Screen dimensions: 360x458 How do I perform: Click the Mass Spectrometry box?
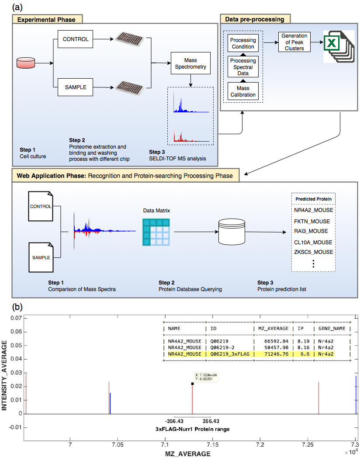[x=190, y=63]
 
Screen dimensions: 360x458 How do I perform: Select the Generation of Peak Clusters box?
[x=294, y=42]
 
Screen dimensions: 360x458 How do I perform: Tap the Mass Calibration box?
[x=243, y=91]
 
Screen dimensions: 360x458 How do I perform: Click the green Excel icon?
[x=339, y=46]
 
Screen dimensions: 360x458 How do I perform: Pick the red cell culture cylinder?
[x=26, y=63]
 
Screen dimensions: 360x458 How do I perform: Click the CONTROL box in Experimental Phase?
[x=75, y=39]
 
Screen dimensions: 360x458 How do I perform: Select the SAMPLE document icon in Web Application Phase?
[x=41, y=257]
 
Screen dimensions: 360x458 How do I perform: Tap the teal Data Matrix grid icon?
[x=156, y=232]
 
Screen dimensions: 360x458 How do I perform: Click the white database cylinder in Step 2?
[x=232, y=232]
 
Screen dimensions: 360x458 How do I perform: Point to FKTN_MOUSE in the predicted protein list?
[x=312, y=222]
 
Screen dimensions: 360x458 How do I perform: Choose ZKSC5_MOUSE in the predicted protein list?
[x=314, y=252]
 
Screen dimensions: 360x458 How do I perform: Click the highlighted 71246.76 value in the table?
[x=276, y=354]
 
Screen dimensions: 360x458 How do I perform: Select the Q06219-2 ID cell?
[x=222, y=347]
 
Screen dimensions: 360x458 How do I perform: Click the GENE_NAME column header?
[x=332, y=329]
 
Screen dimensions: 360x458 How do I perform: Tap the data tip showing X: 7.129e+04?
[x=206, y=377]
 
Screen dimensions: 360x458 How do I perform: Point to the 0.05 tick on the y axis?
[x=16, y=345]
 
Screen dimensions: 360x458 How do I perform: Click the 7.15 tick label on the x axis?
[x=213, y=444]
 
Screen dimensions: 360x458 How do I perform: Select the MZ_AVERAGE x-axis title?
[x=188, y=454]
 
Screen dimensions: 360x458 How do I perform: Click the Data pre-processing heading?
[x=255, y=19]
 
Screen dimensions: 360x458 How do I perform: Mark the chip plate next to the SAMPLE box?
[x=129, y=88]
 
